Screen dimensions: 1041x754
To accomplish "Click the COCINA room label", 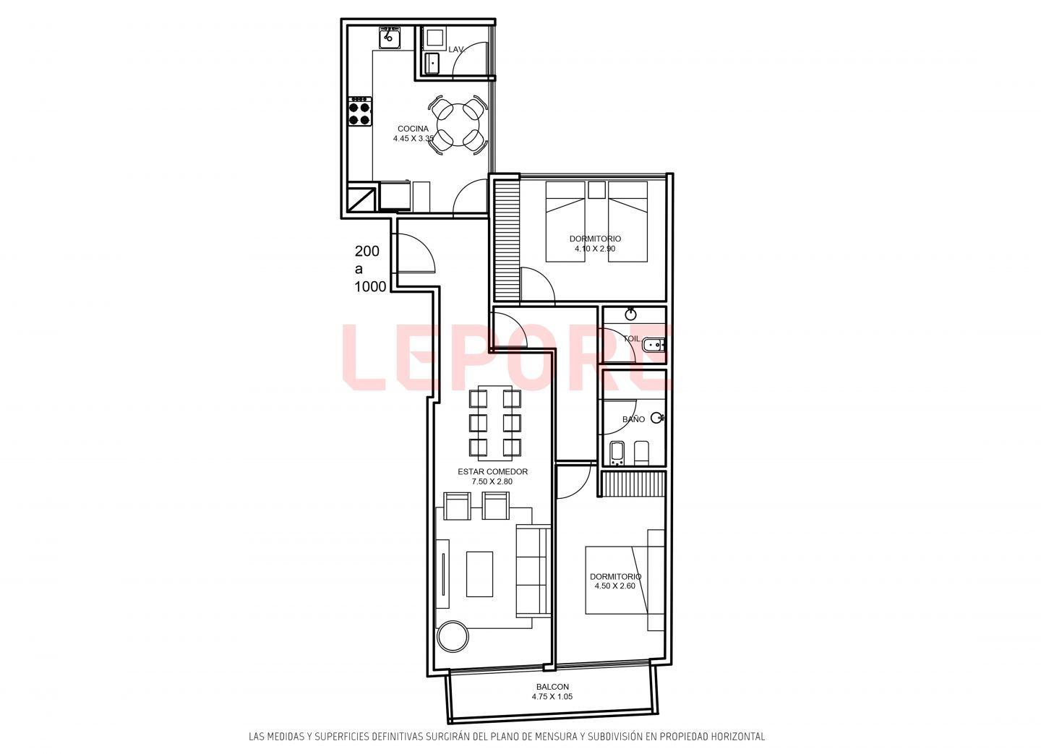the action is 413,129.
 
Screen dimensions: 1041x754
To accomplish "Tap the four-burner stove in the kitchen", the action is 360,111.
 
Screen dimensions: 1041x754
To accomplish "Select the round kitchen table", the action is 458,125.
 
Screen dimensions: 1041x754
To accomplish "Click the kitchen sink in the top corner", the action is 390,37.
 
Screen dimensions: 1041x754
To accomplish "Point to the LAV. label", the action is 456,49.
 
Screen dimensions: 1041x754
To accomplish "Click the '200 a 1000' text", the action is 370,269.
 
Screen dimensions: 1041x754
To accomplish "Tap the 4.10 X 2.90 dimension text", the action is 595,249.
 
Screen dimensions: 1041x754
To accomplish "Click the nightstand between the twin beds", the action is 596,190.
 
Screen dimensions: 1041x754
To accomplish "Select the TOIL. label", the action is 632,339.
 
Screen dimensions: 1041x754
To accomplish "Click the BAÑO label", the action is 633,419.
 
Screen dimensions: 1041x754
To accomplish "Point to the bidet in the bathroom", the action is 617,454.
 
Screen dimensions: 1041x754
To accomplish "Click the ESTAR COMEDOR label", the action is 492,471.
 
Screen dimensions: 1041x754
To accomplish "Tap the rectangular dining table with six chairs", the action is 495,423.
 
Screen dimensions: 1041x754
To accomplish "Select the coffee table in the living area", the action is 479,574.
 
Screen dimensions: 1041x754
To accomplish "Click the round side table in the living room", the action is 453,636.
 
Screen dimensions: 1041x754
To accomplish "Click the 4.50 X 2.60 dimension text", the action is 614,586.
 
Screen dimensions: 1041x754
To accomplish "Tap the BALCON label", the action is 552,687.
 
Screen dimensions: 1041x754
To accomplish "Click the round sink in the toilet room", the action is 630,314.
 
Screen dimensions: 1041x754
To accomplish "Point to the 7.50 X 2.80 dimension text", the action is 492,481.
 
